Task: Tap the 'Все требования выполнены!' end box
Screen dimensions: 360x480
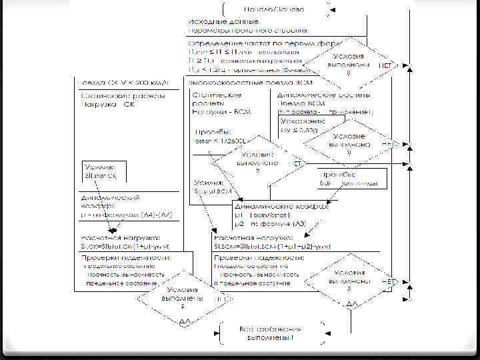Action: point(271,333)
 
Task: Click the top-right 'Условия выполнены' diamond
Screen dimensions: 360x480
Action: point(349,61)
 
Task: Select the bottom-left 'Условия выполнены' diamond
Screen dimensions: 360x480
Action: point(181,296)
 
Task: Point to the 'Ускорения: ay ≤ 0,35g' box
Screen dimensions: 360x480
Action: point(303,127)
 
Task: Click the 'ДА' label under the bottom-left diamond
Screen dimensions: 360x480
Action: point(181,321)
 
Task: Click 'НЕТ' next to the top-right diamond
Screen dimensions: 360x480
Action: point(385,65)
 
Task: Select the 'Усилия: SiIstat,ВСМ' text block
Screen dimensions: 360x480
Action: point(213,186)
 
